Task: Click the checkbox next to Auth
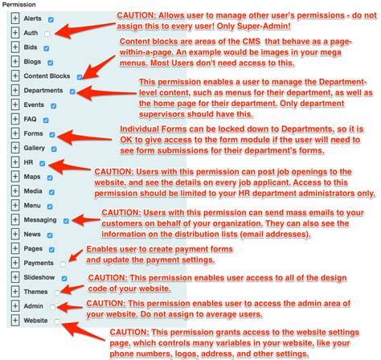click(48, 33)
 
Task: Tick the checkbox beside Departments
click(72, 91)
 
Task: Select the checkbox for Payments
click(63, 263)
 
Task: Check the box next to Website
click(57, 321)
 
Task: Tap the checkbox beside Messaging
click(66, 220)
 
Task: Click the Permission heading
click(21, 5)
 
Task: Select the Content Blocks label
click(47, 76)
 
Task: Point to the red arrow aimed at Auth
click(84, 28)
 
